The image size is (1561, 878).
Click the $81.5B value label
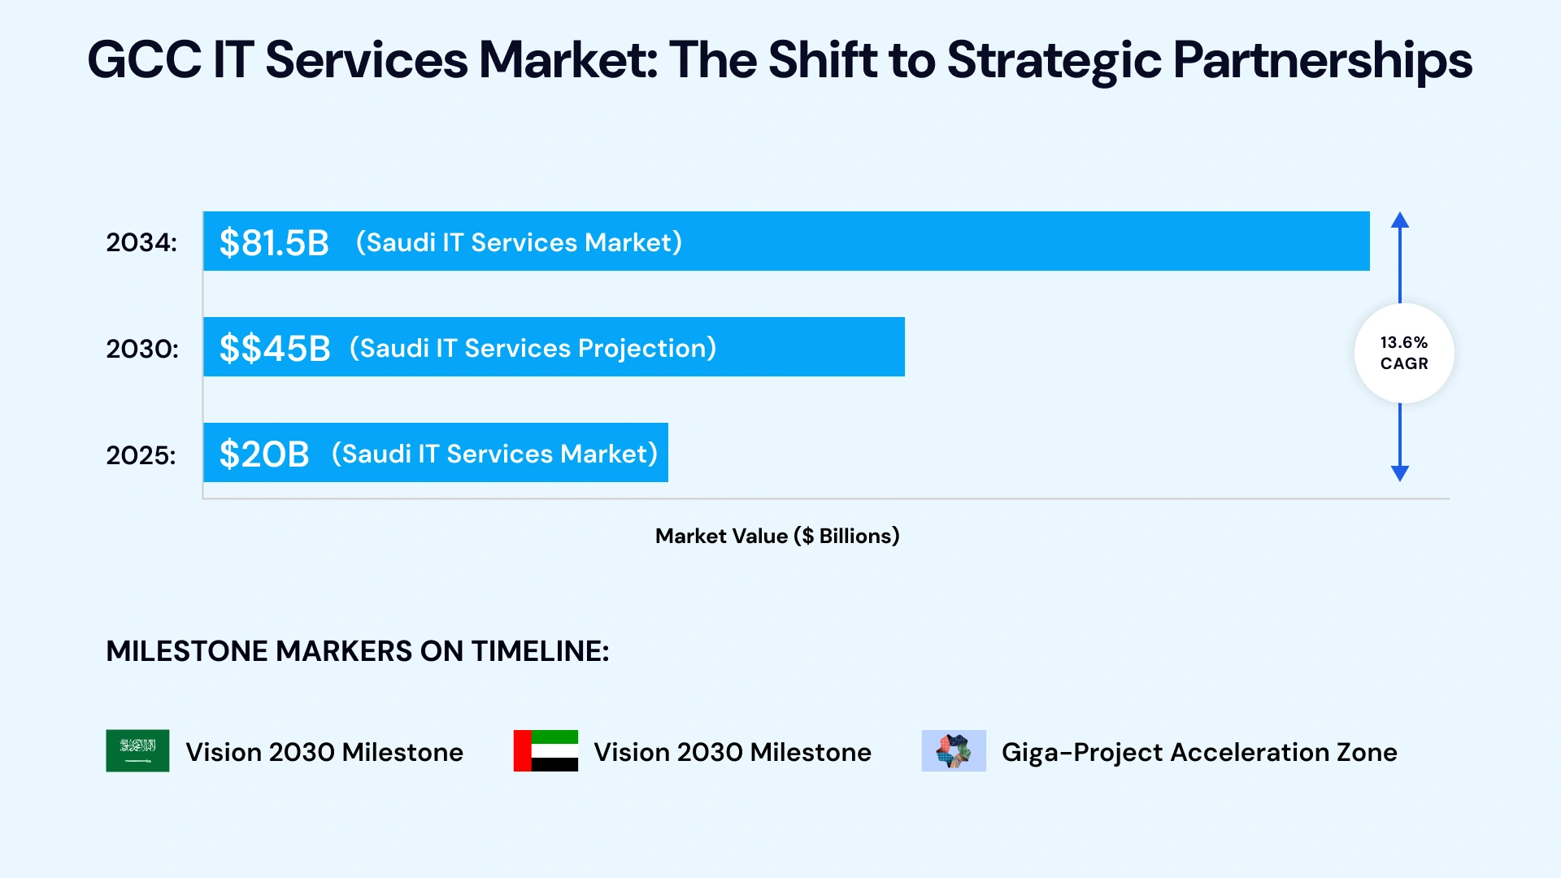coord(274,242)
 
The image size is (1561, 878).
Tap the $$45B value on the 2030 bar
coord(275,348)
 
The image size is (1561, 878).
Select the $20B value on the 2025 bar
coord(264,454)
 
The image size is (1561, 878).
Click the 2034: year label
coord(141,242)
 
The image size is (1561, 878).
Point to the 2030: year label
coord(142,348)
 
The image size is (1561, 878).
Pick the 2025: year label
coord(141,454)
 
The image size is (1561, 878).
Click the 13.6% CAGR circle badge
coord(1403,353)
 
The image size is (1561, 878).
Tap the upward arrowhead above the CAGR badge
coord(1399,219)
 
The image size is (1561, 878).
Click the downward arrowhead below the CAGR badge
coord(1399,473)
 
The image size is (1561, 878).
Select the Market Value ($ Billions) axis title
coord(777,536)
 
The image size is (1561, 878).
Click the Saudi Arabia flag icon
coord(137,750)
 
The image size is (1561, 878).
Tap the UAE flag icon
coord(546,750)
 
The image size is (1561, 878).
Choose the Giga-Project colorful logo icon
coord(953,750)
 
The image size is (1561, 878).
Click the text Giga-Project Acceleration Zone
coord(1199,752)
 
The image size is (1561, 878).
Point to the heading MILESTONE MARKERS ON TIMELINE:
coord(357,651)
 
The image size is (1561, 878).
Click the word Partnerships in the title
coord(1322,61)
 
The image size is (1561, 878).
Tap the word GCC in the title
coord(144,61)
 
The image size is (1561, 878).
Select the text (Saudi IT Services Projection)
coord(533,348)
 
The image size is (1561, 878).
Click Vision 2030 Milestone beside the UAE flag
coord(732,752)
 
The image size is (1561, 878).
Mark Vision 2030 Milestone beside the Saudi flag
coord(324,752)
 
